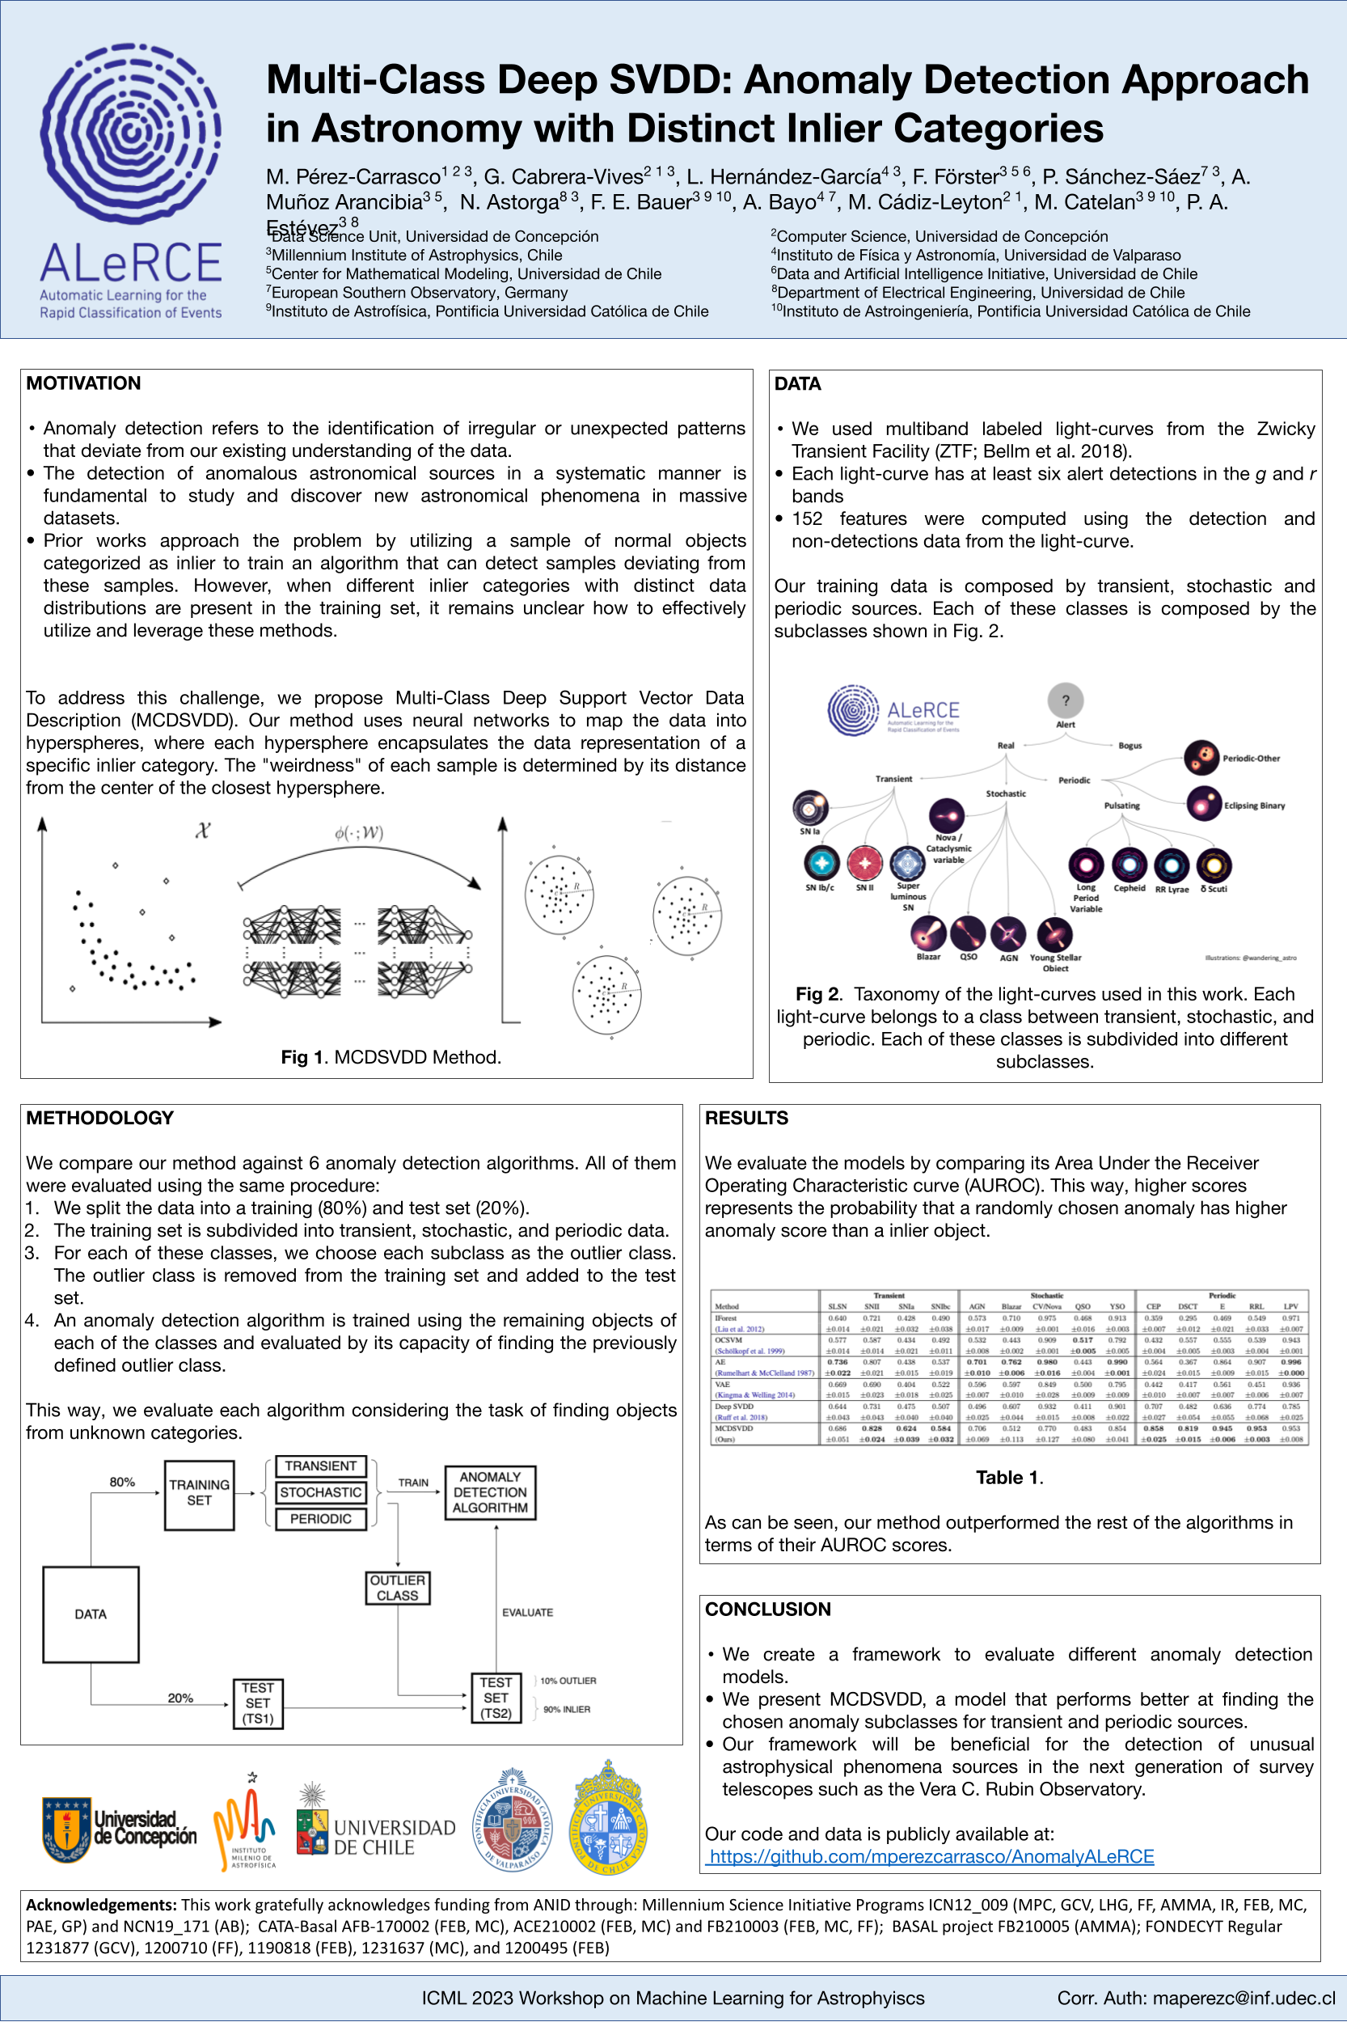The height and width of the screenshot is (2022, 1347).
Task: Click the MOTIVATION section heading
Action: pos(83,383)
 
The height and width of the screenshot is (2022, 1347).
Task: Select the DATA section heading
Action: pos(797,383)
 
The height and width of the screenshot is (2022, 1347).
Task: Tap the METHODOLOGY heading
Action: pos(99,1118)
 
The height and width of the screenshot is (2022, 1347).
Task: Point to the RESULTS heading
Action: pos(745,1118)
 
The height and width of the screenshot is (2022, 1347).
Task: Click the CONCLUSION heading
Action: pos(767,1610)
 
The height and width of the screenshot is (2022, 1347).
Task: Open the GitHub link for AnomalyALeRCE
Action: pos(931,1856)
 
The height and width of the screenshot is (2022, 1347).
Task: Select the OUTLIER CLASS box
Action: pos(397,1588)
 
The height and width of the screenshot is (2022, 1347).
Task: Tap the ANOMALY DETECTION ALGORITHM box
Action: pos(490,1493)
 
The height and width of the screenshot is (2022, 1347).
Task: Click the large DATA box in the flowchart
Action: pos(91,1614)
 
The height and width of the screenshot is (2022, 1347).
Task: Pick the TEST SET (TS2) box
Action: pos(496,1698)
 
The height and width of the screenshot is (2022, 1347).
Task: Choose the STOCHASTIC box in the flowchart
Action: pos(320,1493)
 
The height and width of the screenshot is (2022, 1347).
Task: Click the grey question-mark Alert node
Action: pos(1066,701)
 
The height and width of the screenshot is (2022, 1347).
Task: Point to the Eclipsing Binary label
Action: pos(1253,806)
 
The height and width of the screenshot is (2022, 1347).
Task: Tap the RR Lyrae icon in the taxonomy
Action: pos(1171,866)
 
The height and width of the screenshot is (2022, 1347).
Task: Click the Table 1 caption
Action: pos(1008,1478)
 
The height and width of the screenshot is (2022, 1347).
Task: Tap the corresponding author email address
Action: pos(1196,1998)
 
